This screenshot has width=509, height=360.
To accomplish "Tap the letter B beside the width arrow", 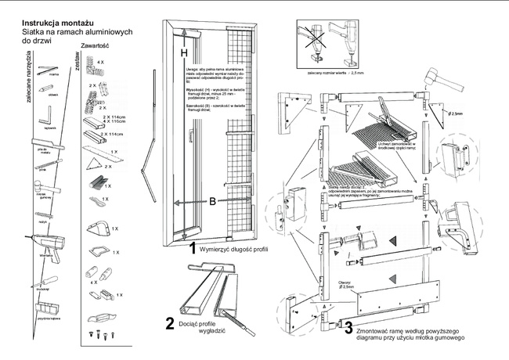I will pos(211,202).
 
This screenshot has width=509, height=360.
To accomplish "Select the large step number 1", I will pos(191,250).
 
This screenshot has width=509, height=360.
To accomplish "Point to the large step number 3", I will pos(348,329).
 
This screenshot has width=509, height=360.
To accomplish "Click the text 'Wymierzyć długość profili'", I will pos(234,250).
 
